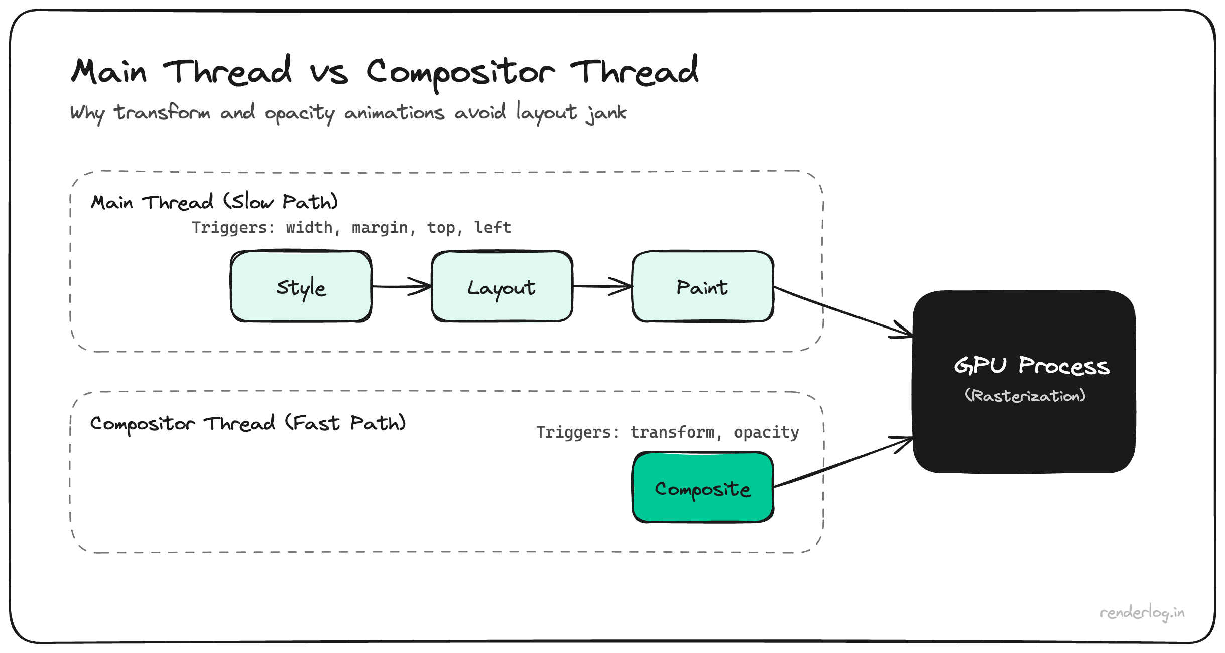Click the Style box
301,287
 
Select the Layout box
502,287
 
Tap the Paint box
702,287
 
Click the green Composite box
702,488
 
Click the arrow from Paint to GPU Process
843,311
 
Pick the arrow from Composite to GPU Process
843,462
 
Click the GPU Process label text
1032,365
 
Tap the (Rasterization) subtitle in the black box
1025,396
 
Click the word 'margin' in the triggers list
380,228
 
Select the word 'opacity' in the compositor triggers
766,432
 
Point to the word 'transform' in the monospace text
672,432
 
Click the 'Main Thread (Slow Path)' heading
214,202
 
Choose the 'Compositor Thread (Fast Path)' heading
248,423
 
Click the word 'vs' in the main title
329,73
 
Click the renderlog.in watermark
1142,613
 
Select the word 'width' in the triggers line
309,228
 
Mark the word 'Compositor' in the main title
460,73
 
